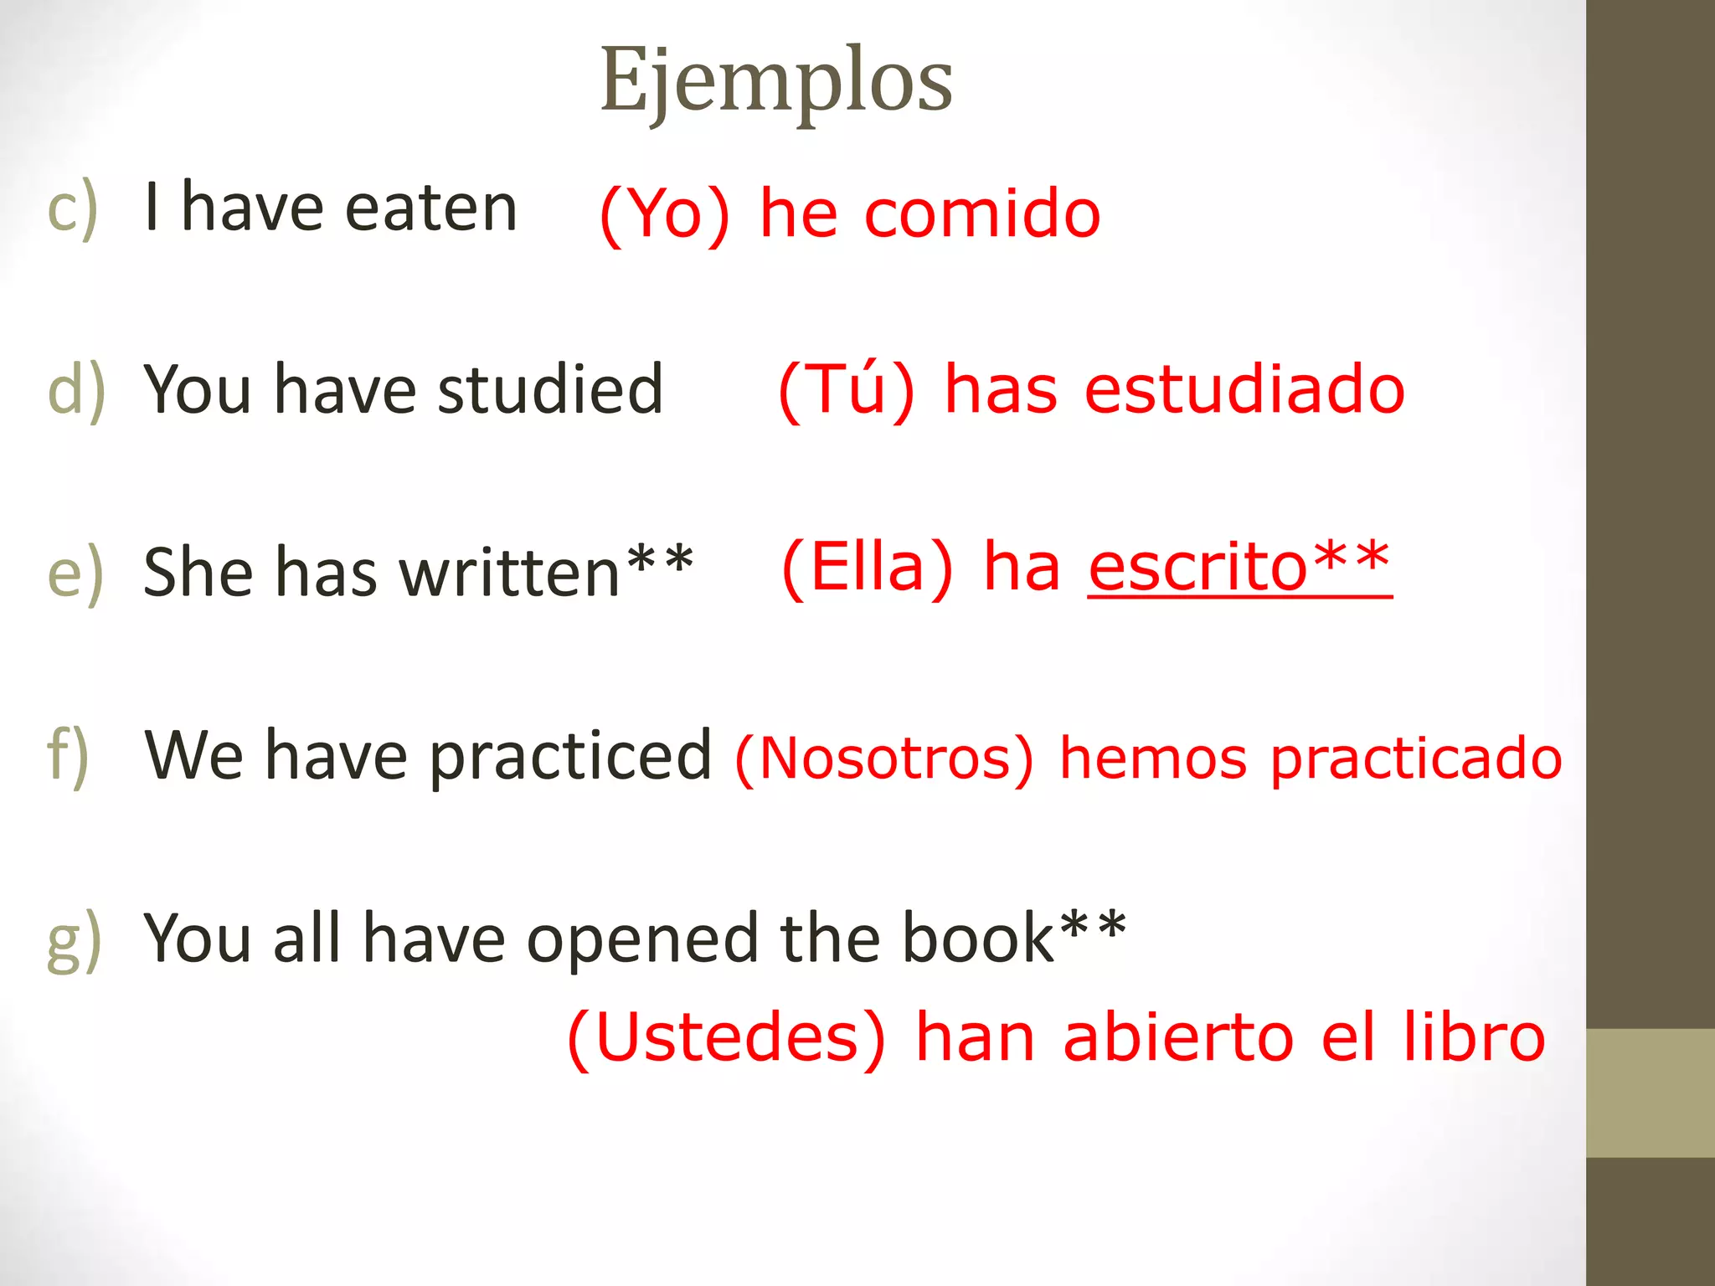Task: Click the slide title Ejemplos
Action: (x=776, y=81)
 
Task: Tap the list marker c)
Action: (x=73, y=208)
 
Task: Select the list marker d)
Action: (x=76, y=390)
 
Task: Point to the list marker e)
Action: (x=75, y=573)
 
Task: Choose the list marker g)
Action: (x=75, y=939)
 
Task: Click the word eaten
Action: (x=430, y=208)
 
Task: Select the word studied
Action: (x=550, y=390)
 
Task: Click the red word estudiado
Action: (x=1244, y=390)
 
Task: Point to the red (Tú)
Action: (x=847, y=390)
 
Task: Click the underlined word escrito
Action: (x=1197, y=568)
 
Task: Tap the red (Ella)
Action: (x=868, y=568)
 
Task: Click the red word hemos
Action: (x=1153, y=759)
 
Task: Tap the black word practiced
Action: (x=570, y=757)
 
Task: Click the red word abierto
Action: (x=1178, y=1038)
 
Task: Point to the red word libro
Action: (x=1475, y=1038)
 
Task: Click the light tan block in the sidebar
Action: (x=1651, y=1093)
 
